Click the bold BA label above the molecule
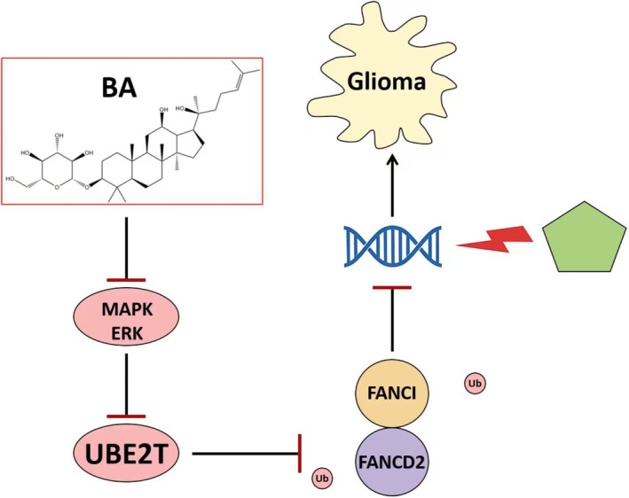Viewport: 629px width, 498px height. [x=119, y=88]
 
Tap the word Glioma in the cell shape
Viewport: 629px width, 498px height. [x=387, y=82]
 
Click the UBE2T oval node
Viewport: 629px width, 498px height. [x=126, y=454]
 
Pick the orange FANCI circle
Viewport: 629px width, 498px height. [x=392, y=393]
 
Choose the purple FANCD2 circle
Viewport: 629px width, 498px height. [x=392, y=461]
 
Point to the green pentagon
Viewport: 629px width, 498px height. [x=584, y=237]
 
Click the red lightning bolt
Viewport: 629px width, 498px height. [x=495, y=239]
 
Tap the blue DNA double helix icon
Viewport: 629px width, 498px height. [x=393, y=246]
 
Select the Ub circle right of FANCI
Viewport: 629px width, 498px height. [x=475, y=384]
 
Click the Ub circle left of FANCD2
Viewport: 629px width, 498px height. [x=323, y=479]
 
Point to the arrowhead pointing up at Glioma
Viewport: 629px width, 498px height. [x=392, y=160]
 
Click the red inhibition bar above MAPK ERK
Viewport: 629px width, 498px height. [x=126, y=280]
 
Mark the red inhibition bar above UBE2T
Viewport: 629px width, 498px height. [x=126, y=416]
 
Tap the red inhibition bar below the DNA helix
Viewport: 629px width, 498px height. [x=392, y=287]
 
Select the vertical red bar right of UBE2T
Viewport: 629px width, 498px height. [x=300, y=454]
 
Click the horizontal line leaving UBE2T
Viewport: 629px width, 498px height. [x=245, y=454]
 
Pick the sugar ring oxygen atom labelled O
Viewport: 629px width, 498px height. [x=57, y=186]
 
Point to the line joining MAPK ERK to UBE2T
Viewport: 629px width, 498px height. [x=127, y=384]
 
